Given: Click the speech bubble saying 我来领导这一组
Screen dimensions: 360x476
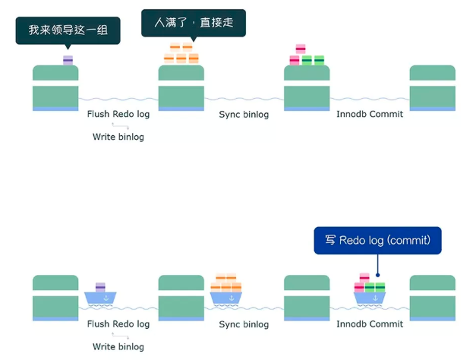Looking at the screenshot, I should click(x=68, y=30).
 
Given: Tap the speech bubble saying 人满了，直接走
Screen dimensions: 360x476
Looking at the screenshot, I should click(x=194, y=23).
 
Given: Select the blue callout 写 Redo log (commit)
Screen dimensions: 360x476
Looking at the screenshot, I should click(x=377, y=240).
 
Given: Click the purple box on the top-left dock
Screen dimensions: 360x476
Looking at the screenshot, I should click(x=68, y=60).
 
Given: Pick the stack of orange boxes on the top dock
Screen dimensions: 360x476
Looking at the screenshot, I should click(x=181, y=54).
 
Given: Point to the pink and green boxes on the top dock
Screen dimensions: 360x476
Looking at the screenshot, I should click(x=307, y=56).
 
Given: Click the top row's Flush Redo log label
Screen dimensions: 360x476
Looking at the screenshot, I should click(x=118, y=114).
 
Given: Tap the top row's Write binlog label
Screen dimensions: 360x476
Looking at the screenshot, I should click(x=118, y=137).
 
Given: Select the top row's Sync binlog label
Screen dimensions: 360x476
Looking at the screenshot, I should click(x=244, y=114).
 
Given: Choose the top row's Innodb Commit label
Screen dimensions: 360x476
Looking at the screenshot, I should click(x=370, y=114).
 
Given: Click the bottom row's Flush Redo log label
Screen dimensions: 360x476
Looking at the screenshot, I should click(x=118, y=324).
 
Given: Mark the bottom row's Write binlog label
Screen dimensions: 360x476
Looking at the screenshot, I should click(x=118, y=346).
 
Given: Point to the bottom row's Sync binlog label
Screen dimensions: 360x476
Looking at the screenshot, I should click(x=244, y=324).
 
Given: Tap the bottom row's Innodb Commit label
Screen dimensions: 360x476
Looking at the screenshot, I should click(x=370, y=324).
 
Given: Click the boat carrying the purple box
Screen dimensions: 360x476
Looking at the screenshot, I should click(x=101, y=295).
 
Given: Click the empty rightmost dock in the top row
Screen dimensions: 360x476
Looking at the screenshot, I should click(x=432, y=88).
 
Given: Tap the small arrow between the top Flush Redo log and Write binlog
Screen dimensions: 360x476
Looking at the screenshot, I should click(x=118, y=125).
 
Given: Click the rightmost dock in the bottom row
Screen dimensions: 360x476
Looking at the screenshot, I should click(x=432, y=298).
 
